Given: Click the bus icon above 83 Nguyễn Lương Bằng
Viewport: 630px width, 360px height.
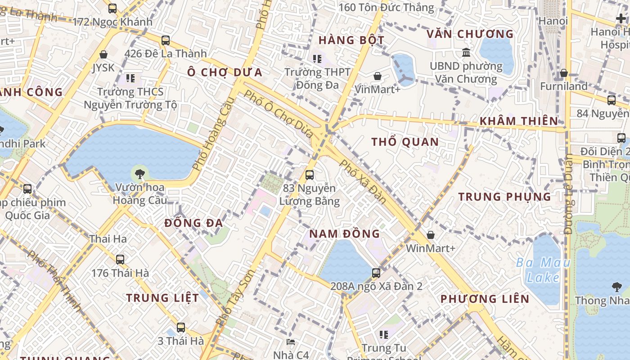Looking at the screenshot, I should tap(310, 175).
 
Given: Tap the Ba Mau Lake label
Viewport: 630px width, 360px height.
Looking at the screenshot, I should tap(543, 270).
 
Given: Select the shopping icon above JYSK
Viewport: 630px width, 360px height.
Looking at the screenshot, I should tap(103, 54).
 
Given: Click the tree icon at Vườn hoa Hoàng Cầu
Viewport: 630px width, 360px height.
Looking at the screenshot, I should tap(140, 173).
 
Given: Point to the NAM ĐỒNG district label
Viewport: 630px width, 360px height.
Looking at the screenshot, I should tap(344, 234).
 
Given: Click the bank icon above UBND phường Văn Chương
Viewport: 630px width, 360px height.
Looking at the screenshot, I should tap(466, 52).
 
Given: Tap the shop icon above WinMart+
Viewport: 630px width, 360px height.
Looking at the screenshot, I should tap(431, 234).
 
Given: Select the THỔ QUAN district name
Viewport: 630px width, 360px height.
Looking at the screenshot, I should tap(405, 142).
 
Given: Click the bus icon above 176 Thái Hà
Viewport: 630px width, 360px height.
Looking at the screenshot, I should tap(120, 259).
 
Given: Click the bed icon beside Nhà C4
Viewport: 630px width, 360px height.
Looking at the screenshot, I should tap(291, 342).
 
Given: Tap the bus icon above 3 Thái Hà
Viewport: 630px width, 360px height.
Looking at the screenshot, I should tap(181, 327).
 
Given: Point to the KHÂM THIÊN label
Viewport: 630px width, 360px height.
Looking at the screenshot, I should tap(518, 121).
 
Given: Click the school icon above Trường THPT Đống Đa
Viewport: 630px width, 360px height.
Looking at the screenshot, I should tap(317, 58).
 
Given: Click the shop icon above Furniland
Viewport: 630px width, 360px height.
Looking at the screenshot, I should tap(564, 73).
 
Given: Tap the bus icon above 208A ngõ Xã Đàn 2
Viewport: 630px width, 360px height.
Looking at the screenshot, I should tap(376, 273).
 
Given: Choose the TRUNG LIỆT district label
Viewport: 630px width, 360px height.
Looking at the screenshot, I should tap(162, 298).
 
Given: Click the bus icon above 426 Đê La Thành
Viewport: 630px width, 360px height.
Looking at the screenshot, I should tap(166, 40).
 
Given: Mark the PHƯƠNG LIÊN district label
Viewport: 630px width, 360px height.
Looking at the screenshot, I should tap(485, 299).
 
